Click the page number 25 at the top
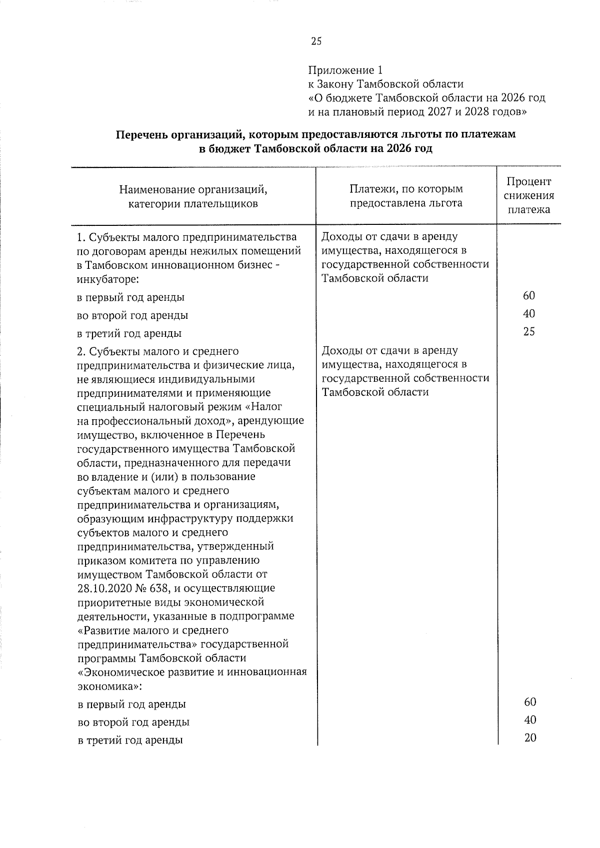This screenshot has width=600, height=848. pyautogui.click(x=316, y=41)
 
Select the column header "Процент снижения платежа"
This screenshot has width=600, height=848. pyautogui.click(x=528, y=195)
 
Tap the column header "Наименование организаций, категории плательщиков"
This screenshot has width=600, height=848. pyautogui.click(x=193, y=196)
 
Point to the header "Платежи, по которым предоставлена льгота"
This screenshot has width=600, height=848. pyautogui.click(x=406, y=196)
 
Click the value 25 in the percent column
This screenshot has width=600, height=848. pyautogui.click(x=529, y=331)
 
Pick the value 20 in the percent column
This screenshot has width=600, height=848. pyautogui.click(x=530, y=738)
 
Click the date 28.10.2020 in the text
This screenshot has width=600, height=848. pyautogui.click(x=102, y=588)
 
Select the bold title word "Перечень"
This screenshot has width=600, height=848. pyautogui.click(x=141, y=134)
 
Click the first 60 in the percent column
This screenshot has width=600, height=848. pyautogui.click(x=529, y=295)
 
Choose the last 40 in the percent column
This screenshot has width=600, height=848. pyautogui.click(x=530, y=720)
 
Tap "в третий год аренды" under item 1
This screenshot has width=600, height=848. pyautogui.click(x=129, y=333)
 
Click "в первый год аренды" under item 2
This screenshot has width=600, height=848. pyautogui.click(x=131, y=704)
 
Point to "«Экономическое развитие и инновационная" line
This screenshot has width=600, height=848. pyautogui.click(x=192, y=672)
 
